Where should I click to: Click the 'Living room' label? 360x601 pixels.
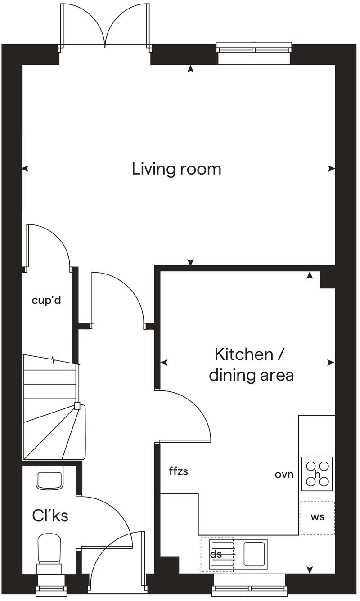click(x=176, y=169)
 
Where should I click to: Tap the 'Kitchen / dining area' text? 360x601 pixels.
click(x=251, y=364)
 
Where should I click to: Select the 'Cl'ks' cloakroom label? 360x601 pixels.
click(x=50, y=516)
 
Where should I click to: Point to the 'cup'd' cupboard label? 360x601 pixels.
click(x=46, y=300)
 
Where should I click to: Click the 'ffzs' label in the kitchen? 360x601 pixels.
click(x=178, y=471)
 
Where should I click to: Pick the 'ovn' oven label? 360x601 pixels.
click(x=284, y=474)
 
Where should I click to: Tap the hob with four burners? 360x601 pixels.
click(x=317, y=474)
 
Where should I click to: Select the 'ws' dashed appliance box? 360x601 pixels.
click(x=317, y=517)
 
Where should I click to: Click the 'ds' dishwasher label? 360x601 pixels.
click(x=216, y=555)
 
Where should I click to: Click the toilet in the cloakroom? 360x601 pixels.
click(x=49, y=551)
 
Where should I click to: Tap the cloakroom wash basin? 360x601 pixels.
click(x=49, y=480)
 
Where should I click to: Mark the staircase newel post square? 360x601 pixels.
click(x=77, y=406)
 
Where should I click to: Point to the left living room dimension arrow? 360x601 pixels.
click(x=26, y=169)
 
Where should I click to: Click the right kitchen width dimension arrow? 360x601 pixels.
click(x=331, y=363)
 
